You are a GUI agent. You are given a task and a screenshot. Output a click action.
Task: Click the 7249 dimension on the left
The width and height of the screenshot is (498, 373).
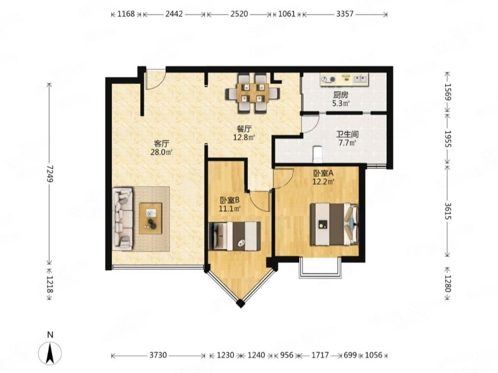pyautogui.click(x=50, y=174)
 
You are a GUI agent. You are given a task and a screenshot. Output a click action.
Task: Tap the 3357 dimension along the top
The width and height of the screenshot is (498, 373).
pyautogui.click(x=344, y=14)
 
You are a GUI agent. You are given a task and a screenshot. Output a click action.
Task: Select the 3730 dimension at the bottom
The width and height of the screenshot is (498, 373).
pyautogui.click(x=158, y=355)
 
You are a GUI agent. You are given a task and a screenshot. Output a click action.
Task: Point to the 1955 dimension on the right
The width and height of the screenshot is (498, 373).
pyautogui.click(x=448, y=139)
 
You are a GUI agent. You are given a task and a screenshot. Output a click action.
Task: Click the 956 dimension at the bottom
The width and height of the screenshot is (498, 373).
pyautogui.click(x=286, y=355)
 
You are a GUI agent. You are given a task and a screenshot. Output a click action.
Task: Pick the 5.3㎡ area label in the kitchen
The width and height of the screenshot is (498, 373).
pyautogui.click(x=341, y=104)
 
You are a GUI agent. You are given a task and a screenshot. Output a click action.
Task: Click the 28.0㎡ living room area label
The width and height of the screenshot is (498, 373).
pyautogui.click(x=161, y=152)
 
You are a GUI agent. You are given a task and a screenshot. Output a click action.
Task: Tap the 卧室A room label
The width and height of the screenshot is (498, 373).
pyautogui.click(x=323, y=173)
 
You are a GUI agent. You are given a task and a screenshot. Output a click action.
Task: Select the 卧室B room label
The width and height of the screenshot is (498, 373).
pyautogui.click(x=230, y=200)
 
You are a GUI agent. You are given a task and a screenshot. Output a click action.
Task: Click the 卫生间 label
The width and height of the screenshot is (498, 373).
pyautogui.click(x=347, y=135)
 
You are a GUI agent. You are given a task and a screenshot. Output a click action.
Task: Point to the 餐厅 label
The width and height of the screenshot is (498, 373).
pyautogui.click(x=244, y=129)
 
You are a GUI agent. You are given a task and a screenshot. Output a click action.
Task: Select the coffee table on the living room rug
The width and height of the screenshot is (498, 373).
pyautogui.click(x=151, y=218)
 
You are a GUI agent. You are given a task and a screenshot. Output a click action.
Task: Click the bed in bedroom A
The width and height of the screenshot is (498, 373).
pyautogui.click(x=334, y=224)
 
